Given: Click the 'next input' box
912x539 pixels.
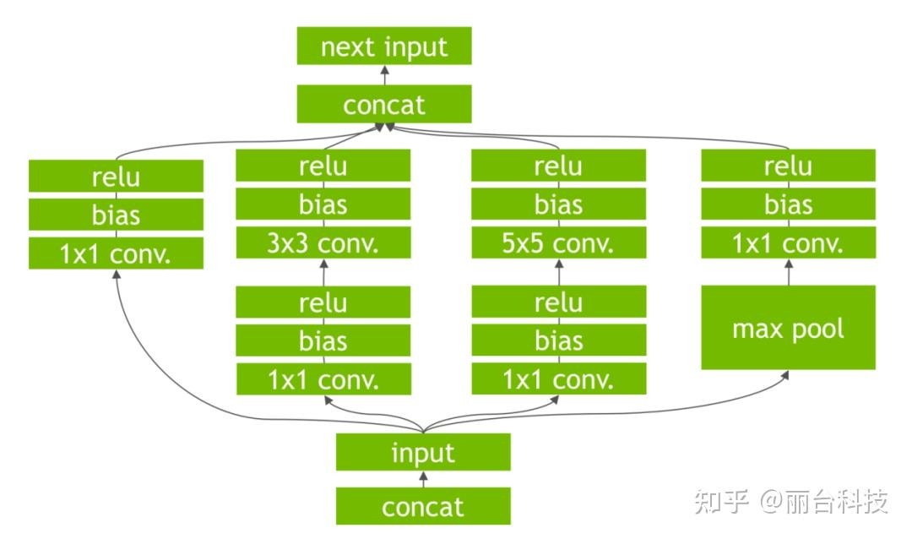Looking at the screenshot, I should click(383, 46).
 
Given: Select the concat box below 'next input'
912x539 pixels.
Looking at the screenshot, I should click(383, 106).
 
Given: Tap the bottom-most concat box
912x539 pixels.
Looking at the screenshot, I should click(422, 506).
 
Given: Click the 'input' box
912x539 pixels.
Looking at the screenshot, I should click(422, 453).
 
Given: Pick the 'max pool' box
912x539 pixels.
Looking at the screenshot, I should click(788, 328).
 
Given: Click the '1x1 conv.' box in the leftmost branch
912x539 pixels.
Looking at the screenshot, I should click(116, 253).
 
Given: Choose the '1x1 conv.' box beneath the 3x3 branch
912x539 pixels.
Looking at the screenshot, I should click(323, 379).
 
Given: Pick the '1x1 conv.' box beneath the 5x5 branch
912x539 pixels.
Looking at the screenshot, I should click(558, 379).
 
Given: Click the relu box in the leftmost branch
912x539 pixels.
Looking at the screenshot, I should click(116, 177).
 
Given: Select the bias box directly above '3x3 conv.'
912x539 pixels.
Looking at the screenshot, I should click(323, 204).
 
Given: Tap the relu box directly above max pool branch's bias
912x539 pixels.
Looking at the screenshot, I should click(788, 166).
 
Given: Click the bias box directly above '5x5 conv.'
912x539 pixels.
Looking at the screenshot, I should click(558, 204).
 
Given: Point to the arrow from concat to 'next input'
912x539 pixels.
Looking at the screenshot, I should click(384, 75).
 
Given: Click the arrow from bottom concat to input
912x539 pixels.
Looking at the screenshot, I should click(423, 479).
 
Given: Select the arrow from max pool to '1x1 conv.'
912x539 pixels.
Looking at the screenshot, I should click(789, 272).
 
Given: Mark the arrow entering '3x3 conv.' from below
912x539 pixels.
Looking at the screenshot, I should click(323, 272).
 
